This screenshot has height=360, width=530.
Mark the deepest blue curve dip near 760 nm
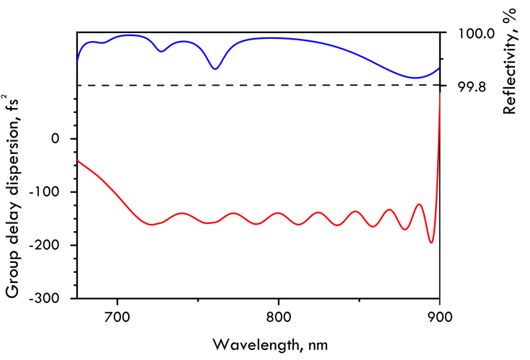click(215, 68)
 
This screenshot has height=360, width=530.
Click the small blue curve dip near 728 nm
click(161, 51)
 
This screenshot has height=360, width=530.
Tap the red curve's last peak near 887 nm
click(419, 204)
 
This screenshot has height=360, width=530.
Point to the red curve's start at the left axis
click(78, 161)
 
